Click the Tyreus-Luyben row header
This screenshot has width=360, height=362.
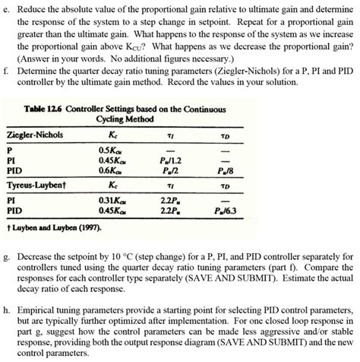(38, 185)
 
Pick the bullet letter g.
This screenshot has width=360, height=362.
(5, 257)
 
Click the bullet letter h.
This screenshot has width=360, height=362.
(5, 310)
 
